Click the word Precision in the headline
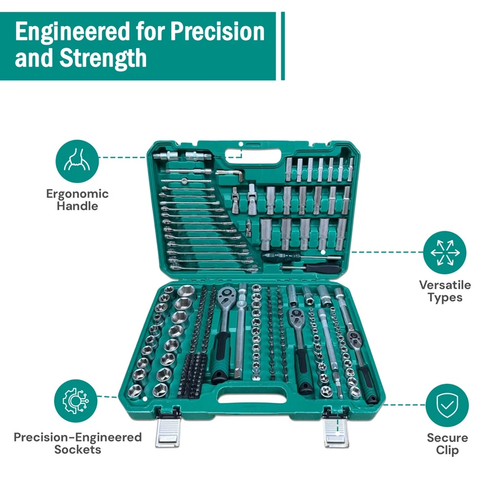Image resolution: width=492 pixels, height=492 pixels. click(217, 32)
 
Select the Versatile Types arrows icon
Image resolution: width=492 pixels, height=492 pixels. click(444, 252)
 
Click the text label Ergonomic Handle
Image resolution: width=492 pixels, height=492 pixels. click(77, 200)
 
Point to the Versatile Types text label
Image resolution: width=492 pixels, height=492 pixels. click(444, 291)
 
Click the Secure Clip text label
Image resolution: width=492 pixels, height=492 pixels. click(447, 444)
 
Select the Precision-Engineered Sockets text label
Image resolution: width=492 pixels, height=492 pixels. click(77, 443)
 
